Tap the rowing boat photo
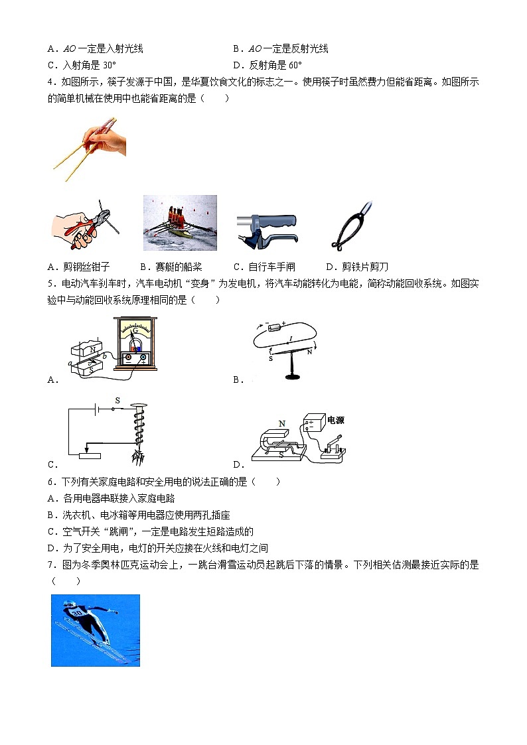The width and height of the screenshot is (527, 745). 180,223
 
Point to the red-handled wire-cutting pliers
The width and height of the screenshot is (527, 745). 84,226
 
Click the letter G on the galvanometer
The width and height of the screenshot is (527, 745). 135,330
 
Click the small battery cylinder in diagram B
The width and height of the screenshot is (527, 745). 275,326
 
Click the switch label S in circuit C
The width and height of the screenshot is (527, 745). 117,401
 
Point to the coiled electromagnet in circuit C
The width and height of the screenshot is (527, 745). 139,431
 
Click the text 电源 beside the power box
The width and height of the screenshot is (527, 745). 336,421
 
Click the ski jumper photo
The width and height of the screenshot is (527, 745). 96,630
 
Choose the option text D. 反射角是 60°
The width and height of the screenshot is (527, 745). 267,65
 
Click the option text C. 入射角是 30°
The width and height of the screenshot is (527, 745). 82,65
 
